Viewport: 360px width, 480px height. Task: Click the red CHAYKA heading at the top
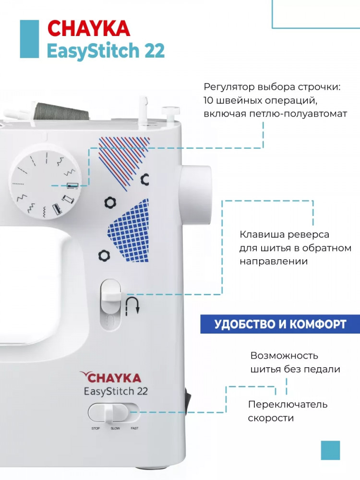pyautogui.click(x=89, y=29)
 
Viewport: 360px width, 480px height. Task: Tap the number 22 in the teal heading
pyautogui.click(x=154, y=50)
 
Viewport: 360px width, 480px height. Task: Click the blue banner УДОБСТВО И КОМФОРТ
pyautogui.click(x=280, y=324)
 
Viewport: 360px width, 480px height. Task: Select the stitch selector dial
pyautogui.click(x=45, y=181)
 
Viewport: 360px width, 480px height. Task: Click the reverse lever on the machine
pyautogui.click(x=111, y=295)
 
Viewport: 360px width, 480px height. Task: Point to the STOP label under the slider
pyautogui.click(x=96, y=428)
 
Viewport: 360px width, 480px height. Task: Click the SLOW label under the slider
pyautogui.click(x=115, y=428)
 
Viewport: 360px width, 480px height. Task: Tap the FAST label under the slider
pyautogui.click(x=135, y=428)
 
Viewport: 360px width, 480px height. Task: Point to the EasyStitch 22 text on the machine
pyautogui.click(x=116, y=392)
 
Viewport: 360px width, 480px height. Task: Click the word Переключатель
pyautogui.click(x=288, y=405)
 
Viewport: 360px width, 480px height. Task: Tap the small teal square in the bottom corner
pyautogui.click(x=330, y=450)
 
